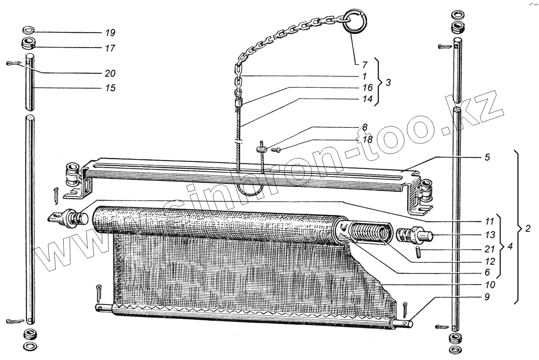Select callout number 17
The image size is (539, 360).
(110, 48)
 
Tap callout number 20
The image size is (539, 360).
(110, 73)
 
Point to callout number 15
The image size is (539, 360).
(110, 88)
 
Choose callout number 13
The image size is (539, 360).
(490, 235)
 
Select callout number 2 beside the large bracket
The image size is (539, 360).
(528, 229)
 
